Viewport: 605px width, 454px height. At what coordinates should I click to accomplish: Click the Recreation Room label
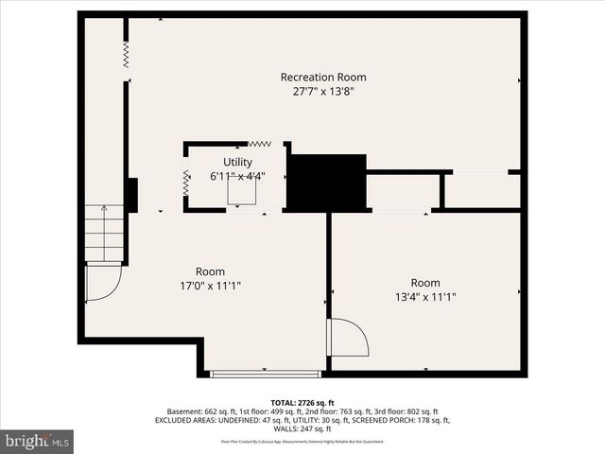click(322, 77)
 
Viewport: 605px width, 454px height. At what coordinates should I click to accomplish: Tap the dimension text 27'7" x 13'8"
click(322, 92)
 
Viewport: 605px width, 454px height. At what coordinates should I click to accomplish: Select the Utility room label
click(237, 162)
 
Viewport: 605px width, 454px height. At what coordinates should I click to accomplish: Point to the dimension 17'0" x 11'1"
click(211, 287)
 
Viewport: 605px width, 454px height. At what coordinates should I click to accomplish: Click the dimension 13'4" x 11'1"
click(425, 298)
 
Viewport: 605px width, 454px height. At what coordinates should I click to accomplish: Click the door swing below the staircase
click(101, 281)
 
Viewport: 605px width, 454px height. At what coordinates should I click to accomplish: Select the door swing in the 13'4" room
click(346, 339)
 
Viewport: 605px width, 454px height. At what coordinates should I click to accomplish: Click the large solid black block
click(326, 183)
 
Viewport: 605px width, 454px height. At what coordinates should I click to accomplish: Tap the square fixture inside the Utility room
click(243, 190)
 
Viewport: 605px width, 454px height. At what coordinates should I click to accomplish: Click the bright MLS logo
click(38, 441)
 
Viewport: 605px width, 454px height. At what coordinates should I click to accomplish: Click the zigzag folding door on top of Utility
click(260, 144)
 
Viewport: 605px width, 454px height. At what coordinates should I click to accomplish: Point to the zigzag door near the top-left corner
click(127, 54)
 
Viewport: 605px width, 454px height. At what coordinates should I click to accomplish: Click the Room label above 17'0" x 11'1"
click(210, 271)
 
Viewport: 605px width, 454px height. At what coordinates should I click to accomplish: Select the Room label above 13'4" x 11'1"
click(425, 283)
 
